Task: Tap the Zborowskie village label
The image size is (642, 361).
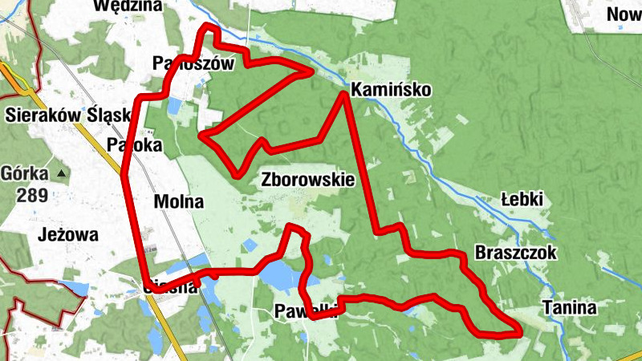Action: tap(307, 180)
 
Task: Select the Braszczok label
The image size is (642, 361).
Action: tap(515, 252)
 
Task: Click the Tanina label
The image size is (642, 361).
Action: tap(570, 307)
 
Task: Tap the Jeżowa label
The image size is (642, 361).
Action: tap(67, 235)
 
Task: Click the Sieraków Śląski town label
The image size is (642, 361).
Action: tap(67, 115)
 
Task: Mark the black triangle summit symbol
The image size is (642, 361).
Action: tap(60, 172)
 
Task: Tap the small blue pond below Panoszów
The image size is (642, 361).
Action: tap(175, 105)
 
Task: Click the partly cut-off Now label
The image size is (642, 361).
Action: tap(624, 14)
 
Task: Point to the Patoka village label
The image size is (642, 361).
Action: tap(135, 146)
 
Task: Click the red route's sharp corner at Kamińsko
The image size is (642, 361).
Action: tap(344, 95)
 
